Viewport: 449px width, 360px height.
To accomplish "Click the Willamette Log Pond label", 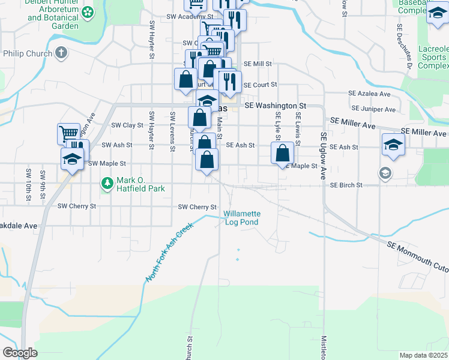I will tap(242, 218).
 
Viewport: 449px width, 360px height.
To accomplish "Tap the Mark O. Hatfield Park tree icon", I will tap(107, 183).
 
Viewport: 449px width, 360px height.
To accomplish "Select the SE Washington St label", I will tap(275, 106).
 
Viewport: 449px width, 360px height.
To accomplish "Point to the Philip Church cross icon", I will tap(61, 53).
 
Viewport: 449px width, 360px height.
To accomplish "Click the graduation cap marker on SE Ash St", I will tap(393, 144).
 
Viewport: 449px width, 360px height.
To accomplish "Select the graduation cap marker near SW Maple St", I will tap(72, 160).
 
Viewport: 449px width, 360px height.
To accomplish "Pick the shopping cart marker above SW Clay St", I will tap(68, 133).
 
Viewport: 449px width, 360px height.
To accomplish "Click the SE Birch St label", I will tap(346, 185).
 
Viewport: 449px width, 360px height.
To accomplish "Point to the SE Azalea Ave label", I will tap(371, 94).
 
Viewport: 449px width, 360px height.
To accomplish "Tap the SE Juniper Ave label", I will tap(374, 110).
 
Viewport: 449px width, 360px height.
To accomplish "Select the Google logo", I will tap(20, 353).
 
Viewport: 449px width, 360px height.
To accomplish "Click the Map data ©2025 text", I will tap(423, 355).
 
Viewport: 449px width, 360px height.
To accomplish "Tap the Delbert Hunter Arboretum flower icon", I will tap(88, 12).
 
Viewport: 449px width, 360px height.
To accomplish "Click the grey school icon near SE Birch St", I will tap(385, 173).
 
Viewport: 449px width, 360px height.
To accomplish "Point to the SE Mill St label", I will tap(258, 64).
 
